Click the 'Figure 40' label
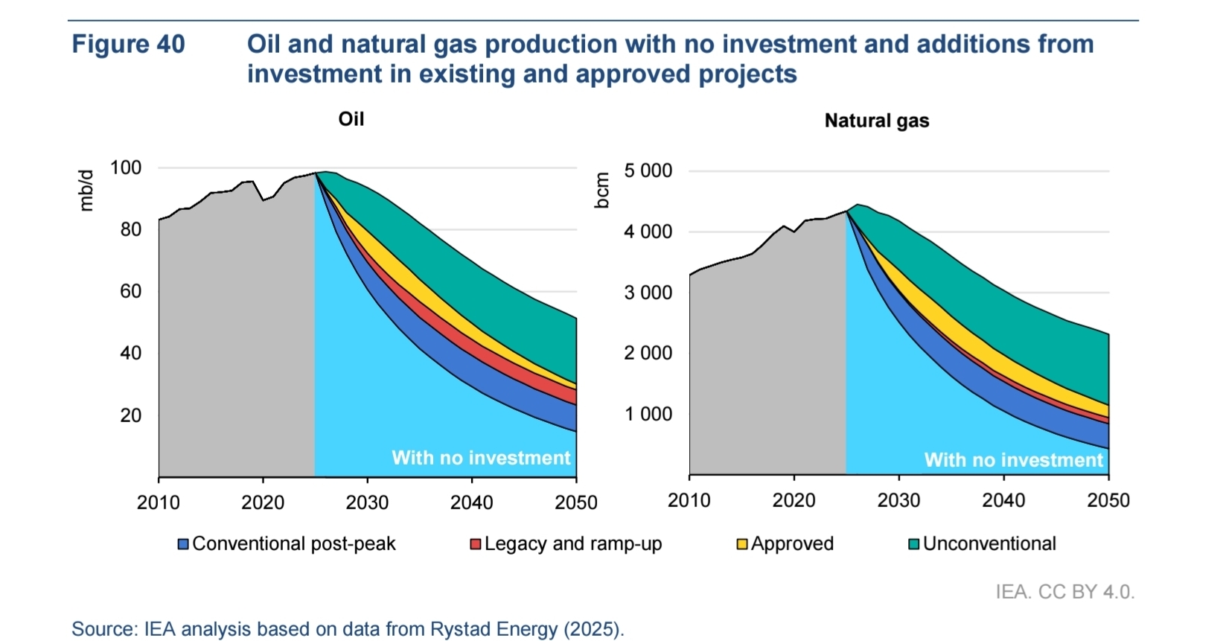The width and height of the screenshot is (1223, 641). point(128,45)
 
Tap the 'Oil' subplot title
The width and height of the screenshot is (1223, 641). point(351,119)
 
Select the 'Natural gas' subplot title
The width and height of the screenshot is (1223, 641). point(876,121)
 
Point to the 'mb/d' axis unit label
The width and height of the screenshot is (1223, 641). point(87,191)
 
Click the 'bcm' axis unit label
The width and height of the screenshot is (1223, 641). point(602,191)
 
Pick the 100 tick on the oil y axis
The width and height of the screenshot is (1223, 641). point(126,168)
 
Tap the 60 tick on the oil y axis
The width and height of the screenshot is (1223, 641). point(130,291)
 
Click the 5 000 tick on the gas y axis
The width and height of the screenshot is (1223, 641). point(648,170)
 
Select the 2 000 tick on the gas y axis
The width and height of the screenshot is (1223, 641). point(648,353)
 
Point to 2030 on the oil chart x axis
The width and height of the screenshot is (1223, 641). point(367,503)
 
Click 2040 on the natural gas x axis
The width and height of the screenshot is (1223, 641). point(1003,500)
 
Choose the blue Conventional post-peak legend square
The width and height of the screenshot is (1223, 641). point(183,544)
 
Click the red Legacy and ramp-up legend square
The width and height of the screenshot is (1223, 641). point(476,544)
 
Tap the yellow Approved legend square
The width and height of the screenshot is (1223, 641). point(742,544)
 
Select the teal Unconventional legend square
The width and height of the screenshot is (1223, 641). point(914,544)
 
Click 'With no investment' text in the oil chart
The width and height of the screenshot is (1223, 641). point(481,458)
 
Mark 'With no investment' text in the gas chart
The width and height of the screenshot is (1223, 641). point(1013,460)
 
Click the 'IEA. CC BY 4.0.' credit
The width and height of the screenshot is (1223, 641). point(1064,592)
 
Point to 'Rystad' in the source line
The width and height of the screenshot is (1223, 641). point(459,629)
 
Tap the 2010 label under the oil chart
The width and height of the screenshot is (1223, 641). point(159,503)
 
